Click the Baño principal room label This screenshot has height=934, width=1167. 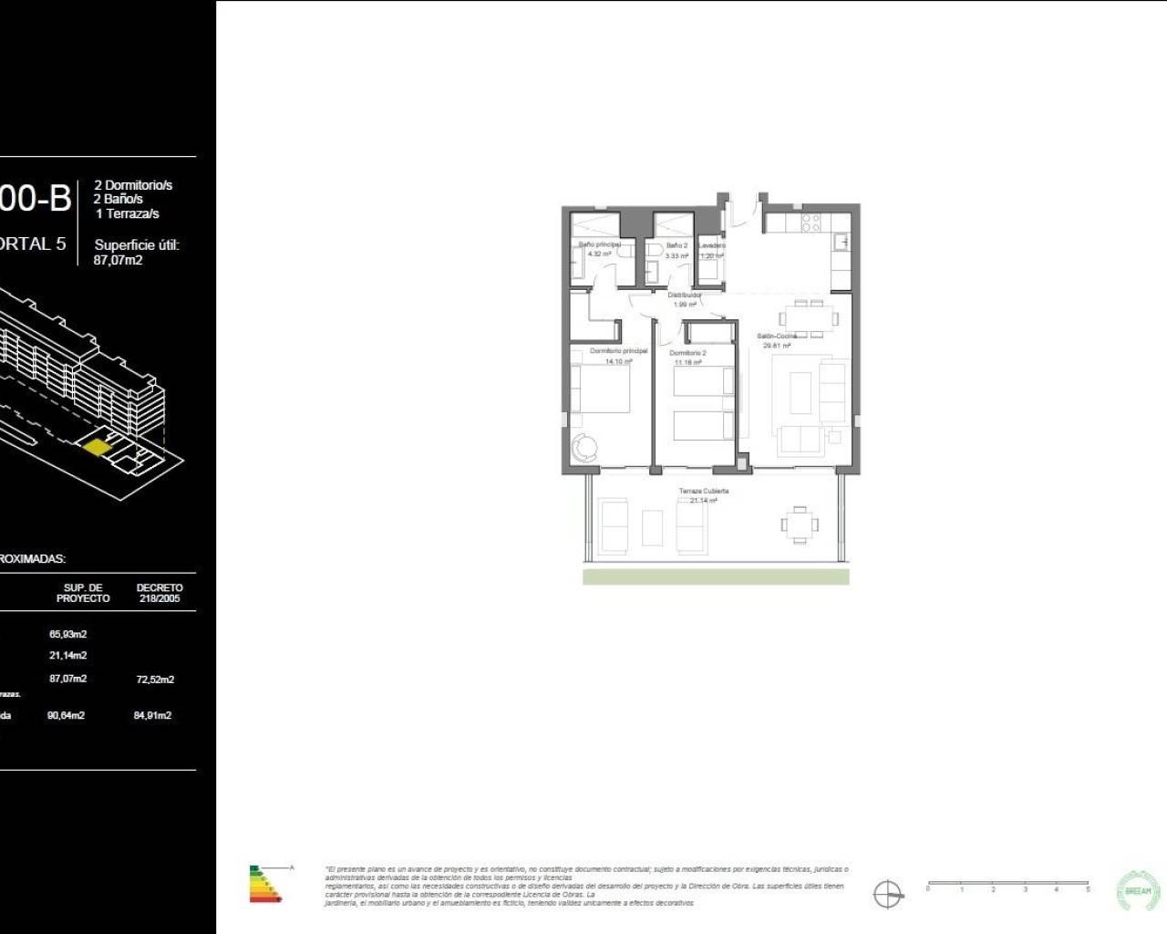[x=599, y=244]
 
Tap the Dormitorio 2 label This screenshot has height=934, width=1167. [x=687, y=353]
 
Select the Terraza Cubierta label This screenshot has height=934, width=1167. [x=704, y=491]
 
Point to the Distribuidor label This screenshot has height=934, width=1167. [x=684, y=296]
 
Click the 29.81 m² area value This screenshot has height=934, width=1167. [x=777, y=346]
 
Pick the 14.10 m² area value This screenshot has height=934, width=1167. [x=618, y=361]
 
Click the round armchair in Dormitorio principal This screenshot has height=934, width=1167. [x=583, y=448]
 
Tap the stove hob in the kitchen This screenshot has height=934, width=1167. [x=811, y=222]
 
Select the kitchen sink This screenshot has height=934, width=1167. [x=844, y=243]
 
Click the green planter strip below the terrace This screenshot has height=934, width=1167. [x=716, y=576]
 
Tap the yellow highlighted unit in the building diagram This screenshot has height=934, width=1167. [x=96, y=446]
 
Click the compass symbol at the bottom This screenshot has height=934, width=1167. [x=887, y=894]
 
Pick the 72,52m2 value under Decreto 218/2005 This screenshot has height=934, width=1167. [x=155, y=680]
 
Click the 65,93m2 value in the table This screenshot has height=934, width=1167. [x=67, y=634]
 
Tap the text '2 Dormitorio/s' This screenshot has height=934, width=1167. [x=133, y=185]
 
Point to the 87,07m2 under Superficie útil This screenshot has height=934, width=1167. [x=118, y=260]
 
